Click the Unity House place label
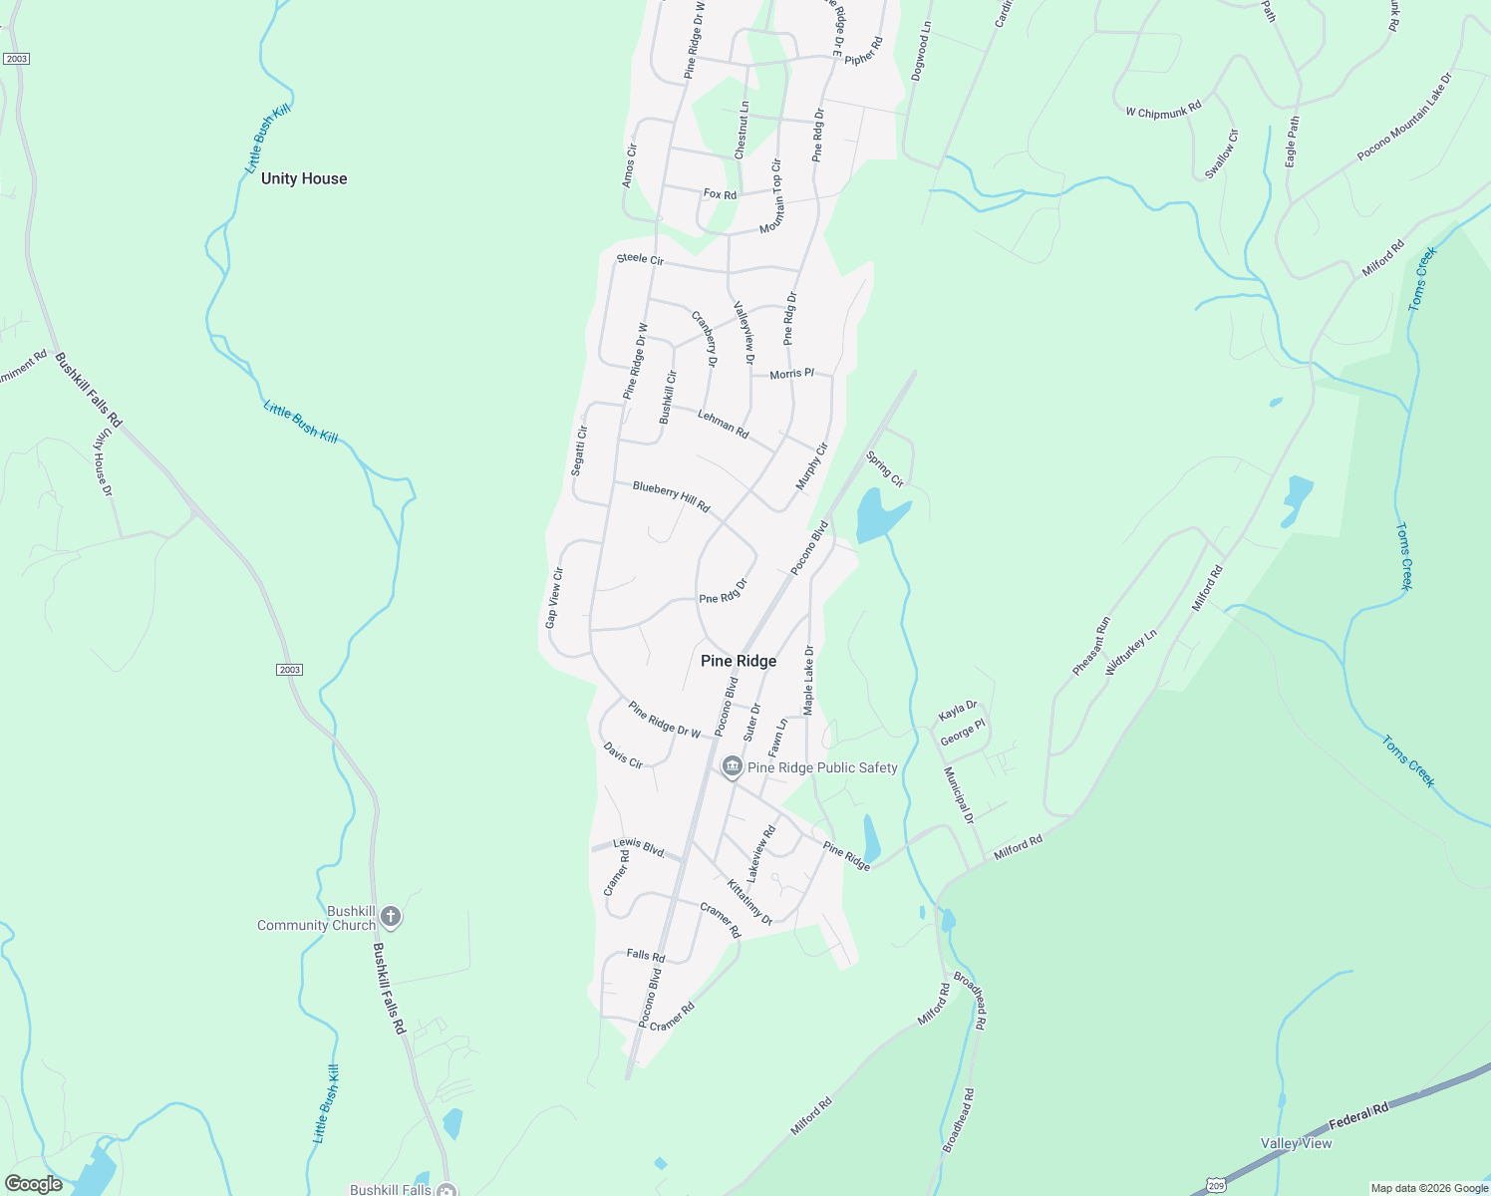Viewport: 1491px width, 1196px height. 304,178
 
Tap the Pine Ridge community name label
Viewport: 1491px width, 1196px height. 739,661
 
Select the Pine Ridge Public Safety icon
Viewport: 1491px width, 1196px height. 733,766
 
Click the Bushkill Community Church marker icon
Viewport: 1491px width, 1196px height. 391,916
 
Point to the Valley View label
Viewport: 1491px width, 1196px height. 1296,1143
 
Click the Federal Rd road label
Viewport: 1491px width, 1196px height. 1357,1115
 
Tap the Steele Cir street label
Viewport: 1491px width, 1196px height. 640,259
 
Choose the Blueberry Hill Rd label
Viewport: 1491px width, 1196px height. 672,496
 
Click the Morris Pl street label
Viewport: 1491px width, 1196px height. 791,374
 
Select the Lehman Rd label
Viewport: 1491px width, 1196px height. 724,424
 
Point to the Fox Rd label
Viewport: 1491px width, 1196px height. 720,194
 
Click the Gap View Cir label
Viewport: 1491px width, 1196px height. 554,598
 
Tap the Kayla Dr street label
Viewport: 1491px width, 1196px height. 958,711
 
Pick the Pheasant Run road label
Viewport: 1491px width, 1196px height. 1091,646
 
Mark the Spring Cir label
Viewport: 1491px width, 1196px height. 885,469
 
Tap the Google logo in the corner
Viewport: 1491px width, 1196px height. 34,1184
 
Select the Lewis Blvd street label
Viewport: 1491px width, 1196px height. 639,848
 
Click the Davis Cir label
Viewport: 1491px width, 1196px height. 623,754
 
